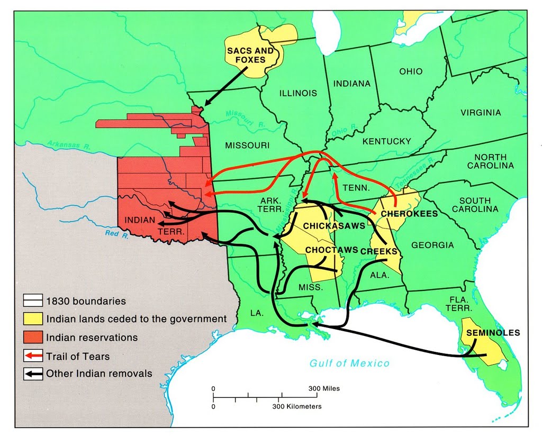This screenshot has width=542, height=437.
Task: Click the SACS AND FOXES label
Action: [250, 55]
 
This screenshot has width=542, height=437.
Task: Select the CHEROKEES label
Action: [409, 214]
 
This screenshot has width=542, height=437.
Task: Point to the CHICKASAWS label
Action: [334, 226]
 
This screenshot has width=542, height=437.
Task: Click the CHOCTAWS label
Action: [331, 249]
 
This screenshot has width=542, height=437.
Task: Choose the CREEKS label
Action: [378, 251]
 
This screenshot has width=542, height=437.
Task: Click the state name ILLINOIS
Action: [298, 93]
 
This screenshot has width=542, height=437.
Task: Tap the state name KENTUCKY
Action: [386, 141]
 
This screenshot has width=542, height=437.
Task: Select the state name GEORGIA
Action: [432, 245]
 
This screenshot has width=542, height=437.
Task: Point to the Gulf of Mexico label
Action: [349, 363]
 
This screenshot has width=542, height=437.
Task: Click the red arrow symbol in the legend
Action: [33, 356]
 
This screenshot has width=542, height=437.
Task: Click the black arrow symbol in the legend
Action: [33, 374]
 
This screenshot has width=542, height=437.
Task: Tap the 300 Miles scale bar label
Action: [324, 388]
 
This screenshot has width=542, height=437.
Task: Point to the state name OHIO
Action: [411, 71]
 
